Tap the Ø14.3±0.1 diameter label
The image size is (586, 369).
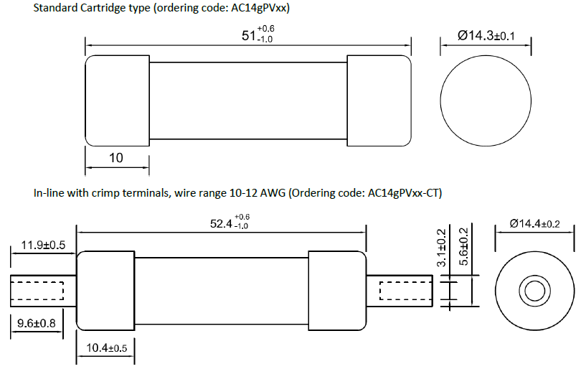point(486,35)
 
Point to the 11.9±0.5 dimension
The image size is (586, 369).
point(43,245)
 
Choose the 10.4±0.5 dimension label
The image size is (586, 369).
point(107,348)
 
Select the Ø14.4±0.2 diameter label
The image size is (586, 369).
point(534,224)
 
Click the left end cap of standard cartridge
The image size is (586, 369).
point(118,101)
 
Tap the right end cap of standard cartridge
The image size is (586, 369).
point(379,101)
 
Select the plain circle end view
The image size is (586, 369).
point(486,101)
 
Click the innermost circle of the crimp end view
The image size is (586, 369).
point(534,291)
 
